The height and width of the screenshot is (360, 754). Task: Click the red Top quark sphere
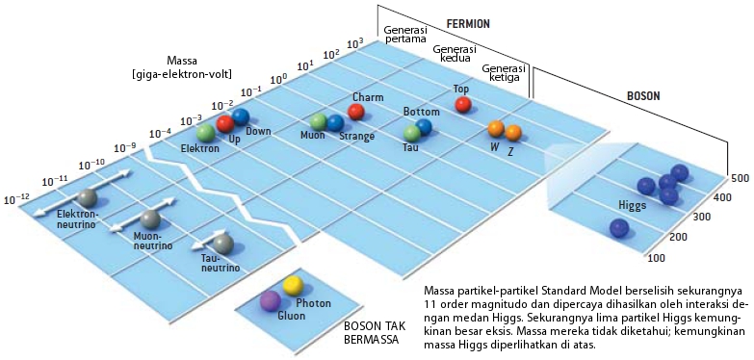462,104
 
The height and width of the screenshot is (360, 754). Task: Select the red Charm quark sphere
355,113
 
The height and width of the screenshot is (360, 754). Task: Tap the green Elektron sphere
204,133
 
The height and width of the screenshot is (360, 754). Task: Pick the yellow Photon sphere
293,285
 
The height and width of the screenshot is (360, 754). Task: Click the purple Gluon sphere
271,300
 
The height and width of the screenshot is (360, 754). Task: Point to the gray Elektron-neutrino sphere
88,198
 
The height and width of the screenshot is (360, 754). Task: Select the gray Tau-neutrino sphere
223,243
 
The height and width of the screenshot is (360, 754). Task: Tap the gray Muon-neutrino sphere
149,219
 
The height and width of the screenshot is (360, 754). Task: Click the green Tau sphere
412,132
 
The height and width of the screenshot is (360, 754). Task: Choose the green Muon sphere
319,122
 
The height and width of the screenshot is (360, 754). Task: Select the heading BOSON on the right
644,96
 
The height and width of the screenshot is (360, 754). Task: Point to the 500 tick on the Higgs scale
740,178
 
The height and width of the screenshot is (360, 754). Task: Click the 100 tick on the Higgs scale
657,258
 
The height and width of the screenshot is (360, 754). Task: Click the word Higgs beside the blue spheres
633,205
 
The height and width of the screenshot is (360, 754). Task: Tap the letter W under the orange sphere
494,146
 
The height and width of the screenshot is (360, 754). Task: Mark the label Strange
356,137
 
